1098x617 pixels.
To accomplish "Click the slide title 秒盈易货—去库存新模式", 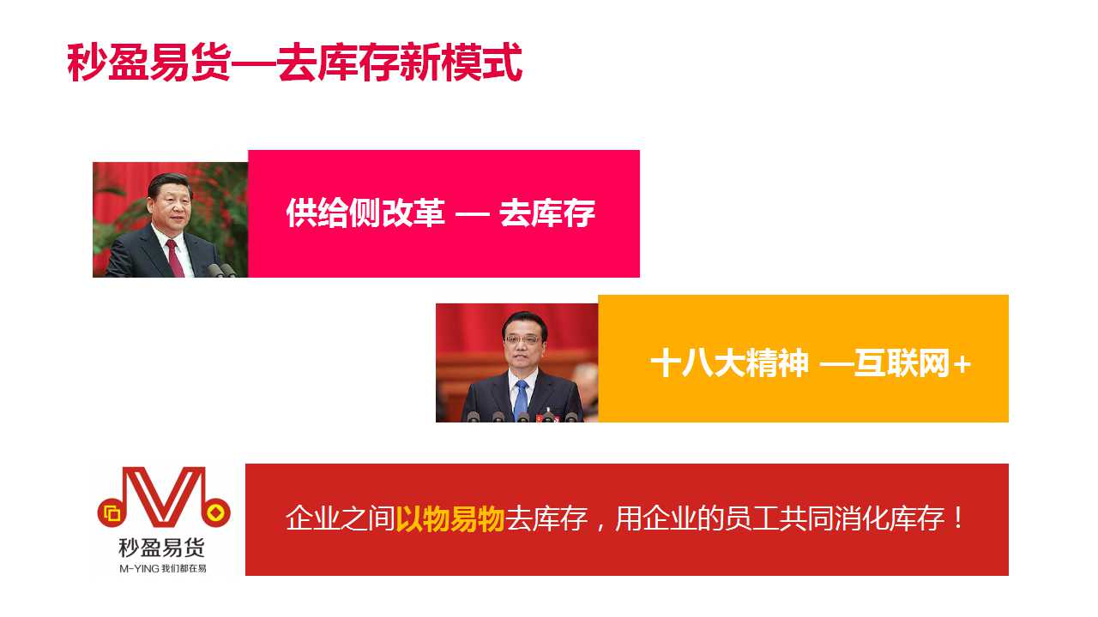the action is coord(294,63).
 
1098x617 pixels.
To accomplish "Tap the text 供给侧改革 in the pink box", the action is coord(365,213).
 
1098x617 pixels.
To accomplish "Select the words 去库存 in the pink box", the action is coord(547,213).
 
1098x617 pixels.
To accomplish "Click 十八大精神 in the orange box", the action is coord(729,362).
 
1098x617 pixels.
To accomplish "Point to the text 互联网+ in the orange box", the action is coord(912,362).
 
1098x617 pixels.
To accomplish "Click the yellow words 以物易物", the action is coord(450,518).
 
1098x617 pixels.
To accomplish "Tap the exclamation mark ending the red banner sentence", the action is coord(958,518).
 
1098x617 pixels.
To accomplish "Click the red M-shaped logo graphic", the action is coord(164,497).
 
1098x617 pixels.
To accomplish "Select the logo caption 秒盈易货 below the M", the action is coord(162,548).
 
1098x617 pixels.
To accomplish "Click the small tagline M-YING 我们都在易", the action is coord(163,568).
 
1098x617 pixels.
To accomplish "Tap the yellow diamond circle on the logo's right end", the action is coord(216,512).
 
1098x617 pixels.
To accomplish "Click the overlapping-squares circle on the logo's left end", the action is coord(112,513).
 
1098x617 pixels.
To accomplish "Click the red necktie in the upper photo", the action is coord(175,259).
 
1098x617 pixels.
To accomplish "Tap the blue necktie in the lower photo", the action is coord(522,400).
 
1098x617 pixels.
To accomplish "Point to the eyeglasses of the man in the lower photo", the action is coord(523,339).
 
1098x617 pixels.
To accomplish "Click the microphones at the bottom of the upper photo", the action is coord(221,270).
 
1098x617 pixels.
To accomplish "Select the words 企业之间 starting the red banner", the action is coord(341,518).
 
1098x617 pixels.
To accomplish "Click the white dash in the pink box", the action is coord(473,214).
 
